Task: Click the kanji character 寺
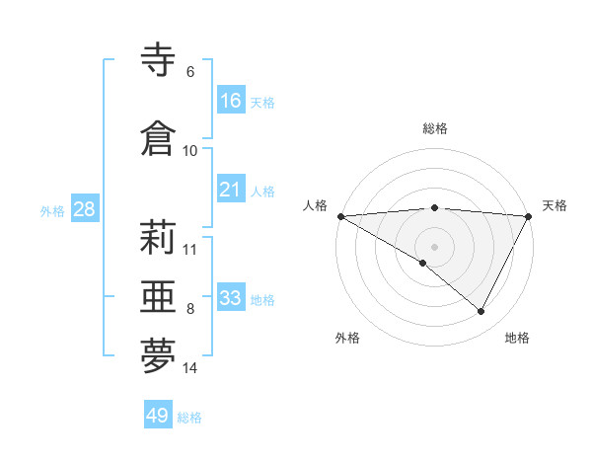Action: tap(159, 60)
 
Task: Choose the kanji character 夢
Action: tap(159, 356)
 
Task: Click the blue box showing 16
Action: tap(231, 101)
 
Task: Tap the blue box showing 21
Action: tap(231, 190)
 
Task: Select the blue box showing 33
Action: tap(231, 298)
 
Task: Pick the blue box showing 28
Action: tap(83, 209)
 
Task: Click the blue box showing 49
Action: tap(158, 416)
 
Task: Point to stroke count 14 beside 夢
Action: tap(190, 368)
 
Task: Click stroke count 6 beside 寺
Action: tap(190, 72)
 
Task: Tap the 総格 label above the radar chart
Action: tap(434, 128)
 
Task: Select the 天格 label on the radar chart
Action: tap(555, 205)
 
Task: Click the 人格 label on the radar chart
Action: tap(315, 205)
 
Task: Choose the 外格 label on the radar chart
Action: tap(346, 338)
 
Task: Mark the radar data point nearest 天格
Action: tap(529, 216)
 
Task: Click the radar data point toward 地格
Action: tap(481, 311)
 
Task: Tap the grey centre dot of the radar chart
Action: tap(434, 246)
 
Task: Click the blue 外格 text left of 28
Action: tap(52, 210)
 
